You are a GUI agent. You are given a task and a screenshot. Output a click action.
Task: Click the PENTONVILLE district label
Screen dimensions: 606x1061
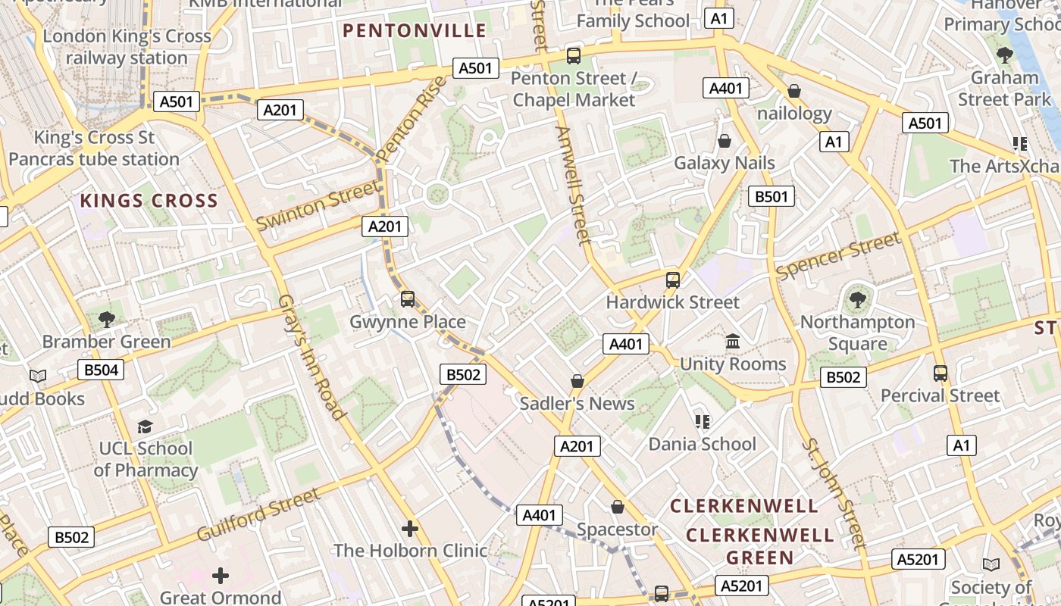click(x=414, y=31)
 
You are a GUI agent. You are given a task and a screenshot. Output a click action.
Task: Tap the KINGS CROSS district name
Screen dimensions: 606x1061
click(x=149, y=201)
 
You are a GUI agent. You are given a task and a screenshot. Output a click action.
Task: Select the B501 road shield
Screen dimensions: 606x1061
click(x=771, y=197)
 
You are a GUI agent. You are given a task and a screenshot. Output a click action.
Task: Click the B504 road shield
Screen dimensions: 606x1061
click(x=100, y=370)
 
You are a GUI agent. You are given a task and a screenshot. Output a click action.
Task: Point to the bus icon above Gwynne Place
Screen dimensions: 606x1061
click(x=408, y=299)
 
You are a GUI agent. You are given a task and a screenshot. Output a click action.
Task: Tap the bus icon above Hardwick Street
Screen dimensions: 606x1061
click(x=672, y=280)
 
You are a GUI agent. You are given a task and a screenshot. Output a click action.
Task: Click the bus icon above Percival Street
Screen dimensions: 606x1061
click(x=941, y=373)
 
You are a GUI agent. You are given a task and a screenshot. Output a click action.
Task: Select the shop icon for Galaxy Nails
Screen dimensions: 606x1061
click(x=725, y=141)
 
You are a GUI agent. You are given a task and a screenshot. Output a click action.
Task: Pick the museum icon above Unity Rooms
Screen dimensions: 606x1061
click(x=733, y=342)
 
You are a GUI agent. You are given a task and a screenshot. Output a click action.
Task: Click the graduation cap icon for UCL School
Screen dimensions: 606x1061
click(x=145, y=426)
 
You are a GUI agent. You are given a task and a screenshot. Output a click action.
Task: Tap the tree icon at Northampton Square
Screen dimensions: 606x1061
click(x=857, y=300)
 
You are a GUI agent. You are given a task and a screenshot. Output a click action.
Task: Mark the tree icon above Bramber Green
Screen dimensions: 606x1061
click(x=107, y=319)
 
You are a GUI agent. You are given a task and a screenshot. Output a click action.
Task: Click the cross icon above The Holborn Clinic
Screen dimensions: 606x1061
click(x=410, y=528)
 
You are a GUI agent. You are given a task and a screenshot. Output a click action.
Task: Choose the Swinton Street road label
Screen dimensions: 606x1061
click(x=317, y=206)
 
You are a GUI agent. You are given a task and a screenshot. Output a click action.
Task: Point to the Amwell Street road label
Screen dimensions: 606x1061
click(x=572, y=186)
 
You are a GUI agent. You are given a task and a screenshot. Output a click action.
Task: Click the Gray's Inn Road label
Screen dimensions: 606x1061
click(x=311, y=356)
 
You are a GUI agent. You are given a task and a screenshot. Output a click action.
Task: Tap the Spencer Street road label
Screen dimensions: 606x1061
click(x=839, y=256)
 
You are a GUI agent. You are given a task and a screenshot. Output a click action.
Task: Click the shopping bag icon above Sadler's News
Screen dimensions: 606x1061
click(x=577, y=381)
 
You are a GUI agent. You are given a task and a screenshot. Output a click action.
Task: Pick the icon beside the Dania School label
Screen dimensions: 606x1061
click(x=703, y=421)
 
